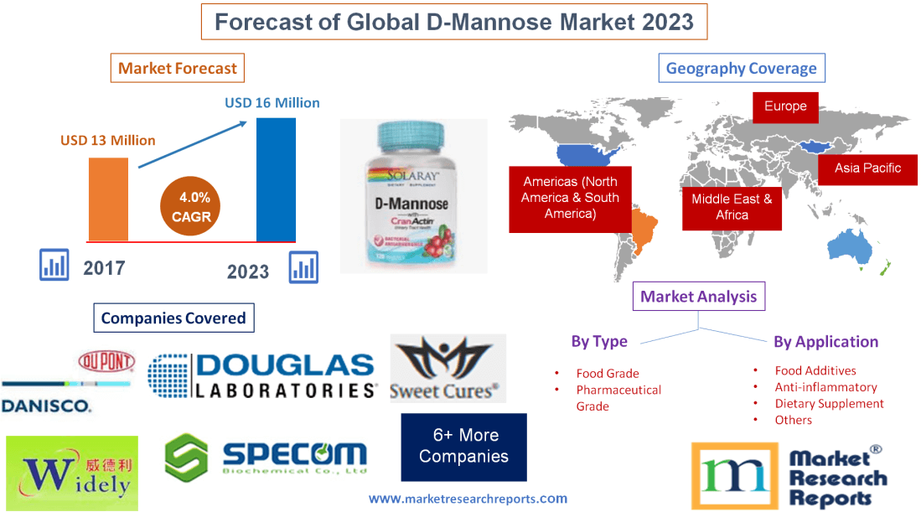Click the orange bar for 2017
click(108, 199)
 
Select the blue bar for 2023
click(276, 179)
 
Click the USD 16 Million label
click(272, 103)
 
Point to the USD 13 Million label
click(108, 140)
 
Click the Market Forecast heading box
click(178, 69)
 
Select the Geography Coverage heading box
click(741, 69)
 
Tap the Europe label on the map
click(785, 106)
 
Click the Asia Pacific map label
click(867, 168)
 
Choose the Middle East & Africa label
click(732, 207)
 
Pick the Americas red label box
click(570, 198)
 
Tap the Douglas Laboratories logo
click(262, 375)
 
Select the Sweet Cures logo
click(448, 369)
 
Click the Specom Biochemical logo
click(266, 458)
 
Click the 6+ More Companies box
click(463, 446)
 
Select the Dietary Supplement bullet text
click(829, 404)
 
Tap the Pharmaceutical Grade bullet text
click(618, 398)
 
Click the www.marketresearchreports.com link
click(468, 499)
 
